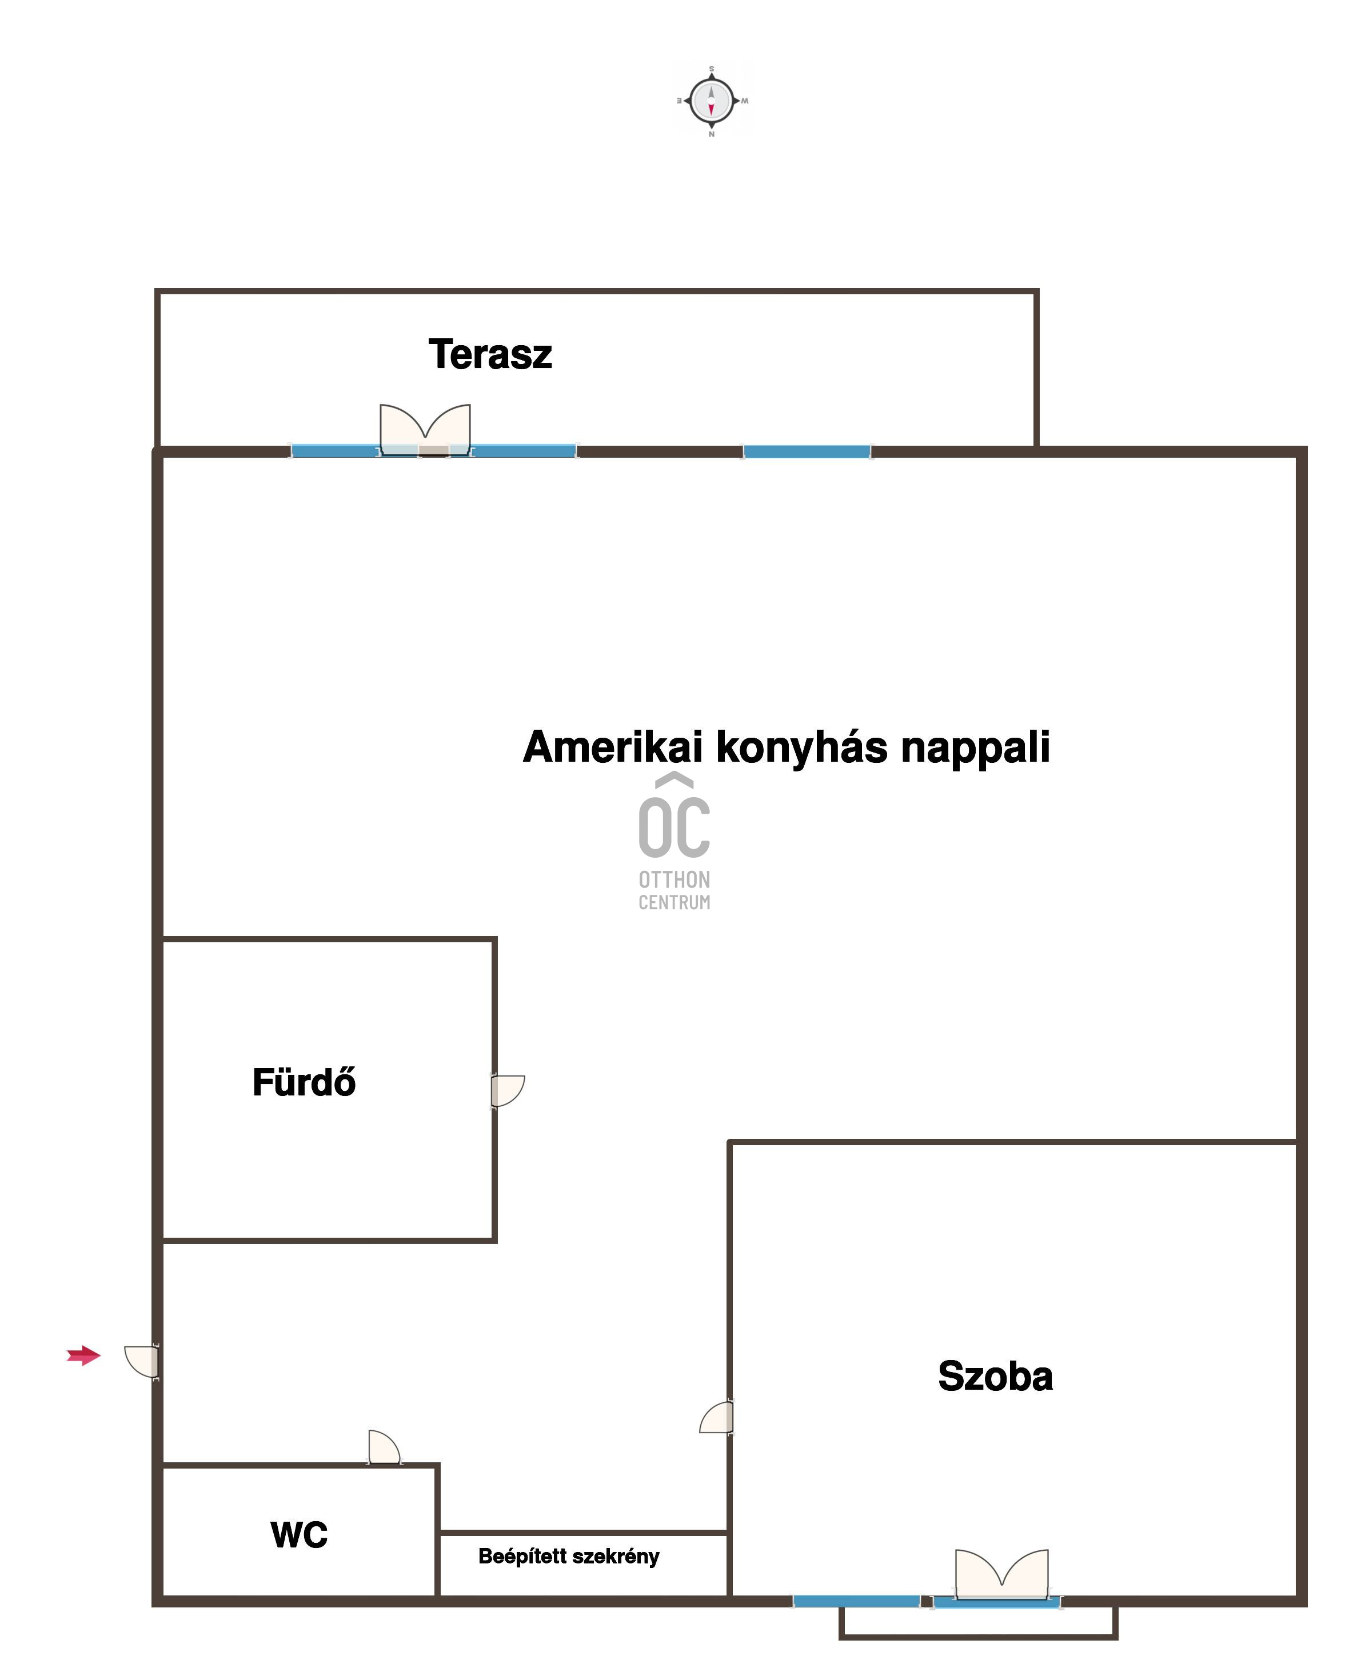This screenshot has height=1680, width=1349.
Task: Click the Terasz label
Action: click(x=490, y=354)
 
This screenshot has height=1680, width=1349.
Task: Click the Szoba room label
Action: click(x=995, y=1375)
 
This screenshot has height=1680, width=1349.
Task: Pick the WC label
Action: click(x=300, y=1534)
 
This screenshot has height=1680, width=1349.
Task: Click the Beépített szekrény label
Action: click(x=569, y=1557)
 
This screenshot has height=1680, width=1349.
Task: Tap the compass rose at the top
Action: click(x=712, y=101)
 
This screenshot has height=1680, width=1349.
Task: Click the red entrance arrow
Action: click(x=84, y=1356)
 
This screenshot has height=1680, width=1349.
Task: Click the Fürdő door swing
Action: click(x=508, y=1090)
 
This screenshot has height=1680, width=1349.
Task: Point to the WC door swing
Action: click(x=384, y=1447)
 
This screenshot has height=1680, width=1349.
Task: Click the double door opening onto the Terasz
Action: click(x=425, y=429)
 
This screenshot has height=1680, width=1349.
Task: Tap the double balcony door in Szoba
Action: click(x=1001, y=1575)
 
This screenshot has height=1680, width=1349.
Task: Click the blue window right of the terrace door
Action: click(x=807, y=451)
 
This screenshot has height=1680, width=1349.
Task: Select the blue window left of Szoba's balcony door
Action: click(x=856, y=1601)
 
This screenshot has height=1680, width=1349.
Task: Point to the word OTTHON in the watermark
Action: click(x=674, y=880)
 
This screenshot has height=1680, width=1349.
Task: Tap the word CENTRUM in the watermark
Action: click(x=674, y=902)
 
